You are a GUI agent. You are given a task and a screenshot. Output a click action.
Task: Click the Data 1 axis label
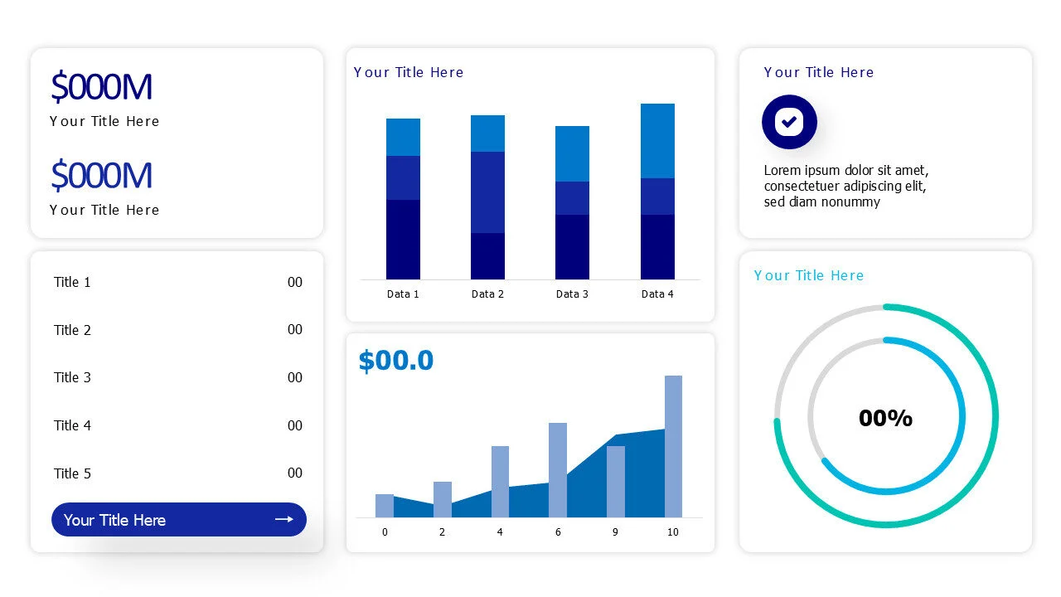point(403,294)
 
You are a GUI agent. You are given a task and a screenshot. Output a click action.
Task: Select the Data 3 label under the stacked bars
point(572,294)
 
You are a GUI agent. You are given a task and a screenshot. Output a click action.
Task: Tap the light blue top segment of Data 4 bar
point(657,141)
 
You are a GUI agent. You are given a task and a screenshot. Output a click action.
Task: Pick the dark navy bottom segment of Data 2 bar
point(487,256)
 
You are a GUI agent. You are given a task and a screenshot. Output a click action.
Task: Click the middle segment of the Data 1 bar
point(403,177)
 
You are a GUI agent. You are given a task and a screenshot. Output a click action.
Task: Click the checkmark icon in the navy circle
point(789,122)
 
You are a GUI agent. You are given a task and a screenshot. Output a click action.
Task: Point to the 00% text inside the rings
point(885,418)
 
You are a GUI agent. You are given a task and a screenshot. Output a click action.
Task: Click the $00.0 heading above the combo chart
point(396,361)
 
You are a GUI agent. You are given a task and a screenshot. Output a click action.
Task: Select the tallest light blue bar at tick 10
point(673,446)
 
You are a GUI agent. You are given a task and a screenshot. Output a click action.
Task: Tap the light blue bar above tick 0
point(385,505)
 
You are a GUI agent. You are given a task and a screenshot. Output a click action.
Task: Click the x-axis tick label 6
point(558,532)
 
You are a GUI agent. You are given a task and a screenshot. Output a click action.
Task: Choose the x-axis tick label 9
point(615,532)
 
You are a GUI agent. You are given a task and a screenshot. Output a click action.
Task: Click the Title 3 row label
point(72,377)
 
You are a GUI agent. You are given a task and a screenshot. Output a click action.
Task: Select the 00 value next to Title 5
point(295,473)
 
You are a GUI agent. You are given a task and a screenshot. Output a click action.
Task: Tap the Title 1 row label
point(72,282)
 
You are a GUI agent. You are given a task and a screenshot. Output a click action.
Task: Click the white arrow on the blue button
point(284,519)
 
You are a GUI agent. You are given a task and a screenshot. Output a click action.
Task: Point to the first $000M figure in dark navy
point(101,87)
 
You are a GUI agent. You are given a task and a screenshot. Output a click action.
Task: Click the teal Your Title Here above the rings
point(809,275)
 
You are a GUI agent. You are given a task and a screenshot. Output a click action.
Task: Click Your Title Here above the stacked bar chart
point(409,72)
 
